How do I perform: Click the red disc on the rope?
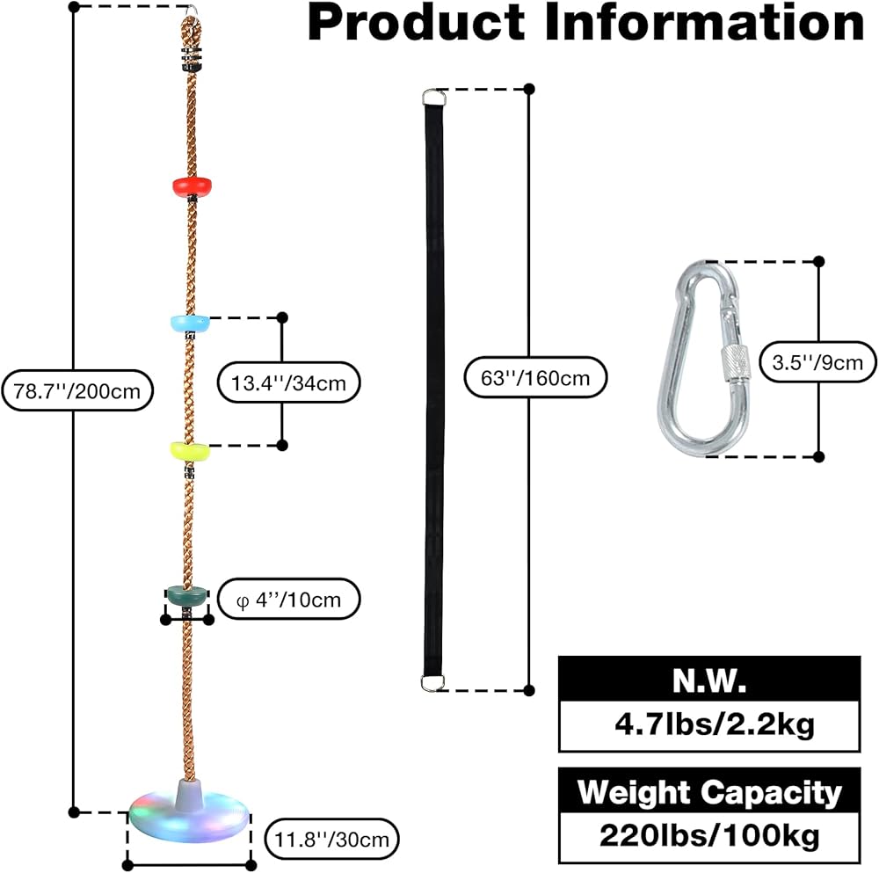click(192, 185)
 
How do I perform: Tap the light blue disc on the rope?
click(190, 323)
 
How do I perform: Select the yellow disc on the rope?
click(190, 451)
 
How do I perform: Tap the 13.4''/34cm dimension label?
click(288, 382)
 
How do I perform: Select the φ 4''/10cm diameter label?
click(288, 600)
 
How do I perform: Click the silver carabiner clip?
click(704, 360)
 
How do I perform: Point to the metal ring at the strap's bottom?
click(432, 681)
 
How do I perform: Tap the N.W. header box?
click(710, 680)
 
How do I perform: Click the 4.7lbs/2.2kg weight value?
click(710, 726)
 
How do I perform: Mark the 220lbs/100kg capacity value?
click(710, 835)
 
